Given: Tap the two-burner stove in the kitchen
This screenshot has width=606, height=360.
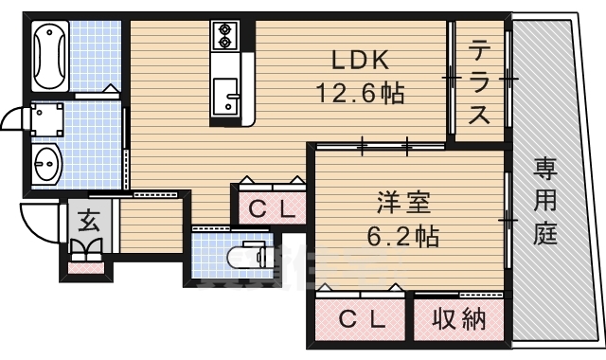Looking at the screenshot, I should [x=225, y=35].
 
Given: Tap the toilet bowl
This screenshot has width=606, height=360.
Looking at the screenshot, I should [x=248, y=257].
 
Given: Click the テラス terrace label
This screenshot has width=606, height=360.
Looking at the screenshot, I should [x=479, y=81].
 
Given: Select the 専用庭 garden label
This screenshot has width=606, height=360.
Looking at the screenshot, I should [x=544, y=201].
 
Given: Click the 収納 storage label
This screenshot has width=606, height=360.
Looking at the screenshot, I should [x=458, y=320].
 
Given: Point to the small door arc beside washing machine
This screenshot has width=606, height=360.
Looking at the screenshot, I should [x=12, y=121].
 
